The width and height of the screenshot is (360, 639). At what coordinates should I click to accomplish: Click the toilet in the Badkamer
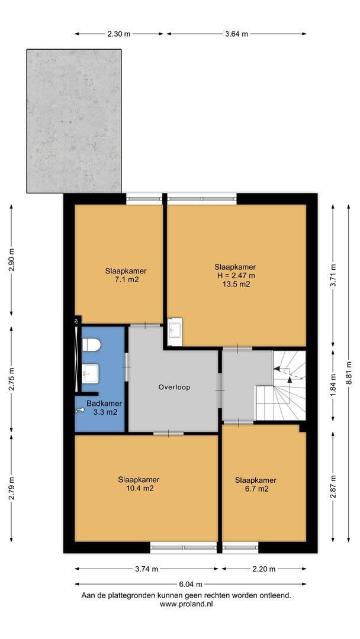coord(91,345)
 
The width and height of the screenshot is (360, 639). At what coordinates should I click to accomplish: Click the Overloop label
coord(174,388)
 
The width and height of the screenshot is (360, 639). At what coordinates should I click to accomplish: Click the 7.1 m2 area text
coord(126,279)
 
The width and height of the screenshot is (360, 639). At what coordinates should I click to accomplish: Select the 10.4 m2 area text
coord(139,488)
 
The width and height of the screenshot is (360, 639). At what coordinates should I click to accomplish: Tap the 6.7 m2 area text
coord(256,489)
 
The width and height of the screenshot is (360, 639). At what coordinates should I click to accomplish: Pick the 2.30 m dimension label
coord(119,34)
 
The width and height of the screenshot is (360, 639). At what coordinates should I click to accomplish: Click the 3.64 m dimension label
coord(236,34)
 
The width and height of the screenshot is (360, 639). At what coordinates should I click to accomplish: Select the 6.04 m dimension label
coord(191,585)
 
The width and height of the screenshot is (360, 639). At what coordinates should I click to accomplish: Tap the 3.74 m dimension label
coord(146,569)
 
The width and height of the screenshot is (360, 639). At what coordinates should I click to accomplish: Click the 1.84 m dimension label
coord(333,386)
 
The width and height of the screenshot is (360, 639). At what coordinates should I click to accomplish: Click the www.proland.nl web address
coord(187,604)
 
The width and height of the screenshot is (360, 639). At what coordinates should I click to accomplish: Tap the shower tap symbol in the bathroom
coord(80,411)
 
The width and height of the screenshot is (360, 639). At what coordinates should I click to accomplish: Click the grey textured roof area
coord(74,121)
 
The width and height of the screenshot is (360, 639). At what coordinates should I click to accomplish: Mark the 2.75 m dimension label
coord(11,380)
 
